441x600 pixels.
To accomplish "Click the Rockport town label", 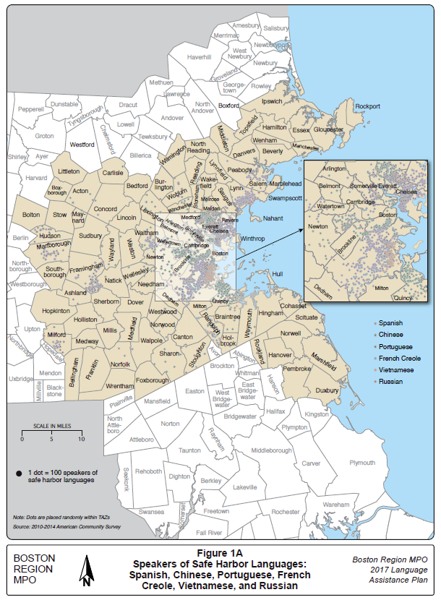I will (367, 106).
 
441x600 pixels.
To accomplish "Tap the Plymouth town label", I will (362, 462).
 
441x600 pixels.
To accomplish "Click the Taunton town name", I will (189, 450).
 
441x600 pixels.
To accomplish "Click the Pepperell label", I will (31, 109).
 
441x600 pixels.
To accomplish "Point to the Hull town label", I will (278, 274).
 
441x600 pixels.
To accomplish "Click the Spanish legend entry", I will (390, 323).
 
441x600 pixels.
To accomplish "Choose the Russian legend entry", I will (390, 381).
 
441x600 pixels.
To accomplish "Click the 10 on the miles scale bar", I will (81, 439).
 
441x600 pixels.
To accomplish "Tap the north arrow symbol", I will (85, 570).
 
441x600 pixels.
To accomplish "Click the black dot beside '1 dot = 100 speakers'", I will (17, 473).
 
